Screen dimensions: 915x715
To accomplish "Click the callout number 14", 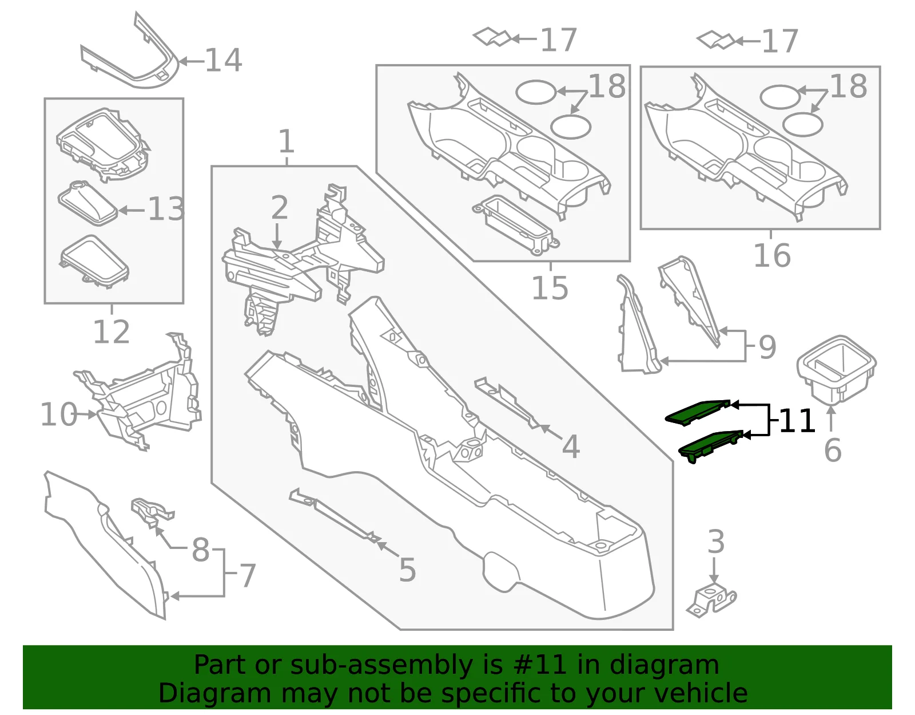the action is click(224, 60).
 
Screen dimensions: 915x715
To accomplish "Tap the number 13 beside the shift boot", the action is click(166, 209).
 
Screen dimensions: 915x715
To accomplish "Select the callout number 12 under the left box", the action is click(112, 333).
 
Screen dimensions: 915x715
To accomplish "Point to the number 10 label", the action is click(59, 414).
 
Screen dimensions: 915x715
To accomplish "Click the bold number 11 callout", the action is click(797, 420).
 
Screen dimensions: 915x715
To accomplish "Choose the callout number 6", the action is click(833, 449).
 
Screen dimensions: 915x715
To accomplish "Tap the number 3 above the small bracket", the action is click(716, 542).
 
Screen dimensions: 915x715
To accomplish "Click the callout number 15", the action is click(550, 288).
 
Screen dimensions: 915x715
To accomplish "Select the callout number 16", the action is click(772, 255).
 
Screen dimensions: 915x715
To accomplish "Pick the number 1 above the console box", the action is click(287, 141).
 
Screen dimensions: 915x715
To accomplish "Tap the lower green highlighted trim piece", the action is click(711, 446).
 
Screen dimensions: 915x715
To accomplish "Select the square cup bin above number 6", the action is click(836, 369).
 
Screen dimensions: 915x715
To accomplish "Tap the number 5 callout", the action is click(407, 570).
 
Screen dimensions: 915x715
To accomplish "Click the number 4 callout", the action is click(571, 446).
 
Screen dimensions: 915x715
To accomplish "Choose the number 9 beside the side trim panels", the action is click(767, 347).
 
